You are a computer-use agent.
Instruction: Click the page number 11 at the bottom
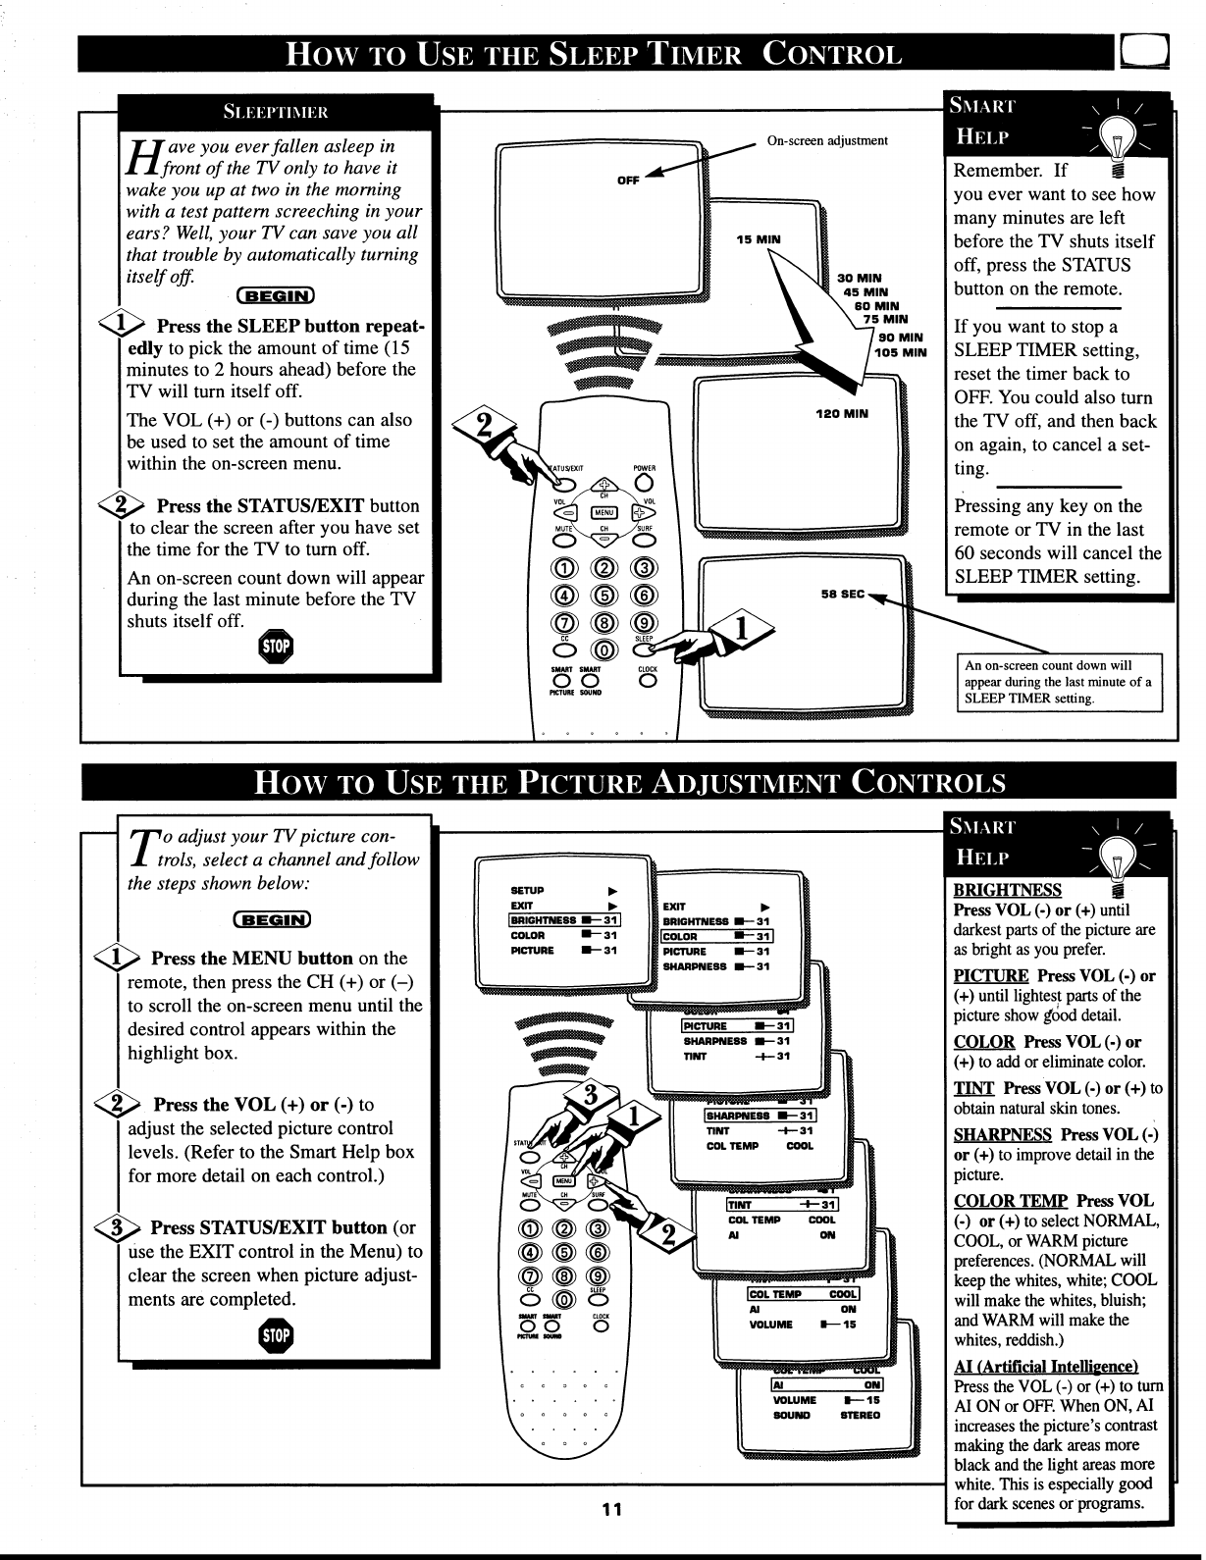tap(612, 1509)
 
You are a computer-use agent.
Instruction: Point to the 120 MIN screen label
tap(842, 413)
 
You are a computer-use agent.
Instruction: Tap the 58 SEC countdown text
tap(841, 594)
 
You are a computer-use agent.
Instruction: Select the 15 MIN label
tap(759, 240)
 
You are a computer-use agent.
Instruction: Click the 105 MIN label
tap(900, 353)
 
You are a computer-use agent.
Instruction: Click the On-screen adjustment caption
tap(827, 140)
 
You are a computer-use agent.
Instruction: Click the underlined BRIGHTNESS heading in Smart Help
tap(1008, 890)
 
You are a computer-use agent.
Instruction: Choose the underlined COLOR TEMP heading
tap(1011, 1201)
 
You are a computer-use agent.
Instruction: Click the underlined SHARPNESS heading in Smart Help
tap(1003, 1135)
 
